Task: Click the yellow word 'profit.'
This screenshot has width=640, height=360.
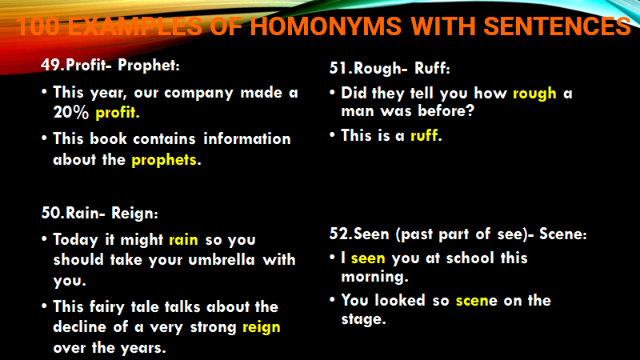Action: click(118, 113)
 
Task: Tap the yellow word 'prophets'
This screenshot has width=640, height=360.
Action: click(164, 160)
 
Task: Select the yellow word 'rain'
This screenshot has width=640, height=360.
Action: click(184, 239)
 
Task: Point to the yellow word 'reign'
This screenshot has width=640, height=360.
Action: click(262, 328)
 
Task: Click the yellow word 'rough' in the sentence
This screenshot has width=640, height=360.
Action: click(534, 94)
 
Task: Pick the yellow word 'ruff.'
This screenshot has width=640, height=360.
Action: click(426, 135)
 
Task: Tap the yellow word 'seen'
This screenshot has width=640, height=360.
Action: click(368, 258)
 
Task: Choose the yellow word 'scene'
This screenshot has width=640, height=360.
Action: click(477, 301)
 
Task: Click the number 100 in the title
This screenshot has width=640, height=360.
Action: click(38, 26)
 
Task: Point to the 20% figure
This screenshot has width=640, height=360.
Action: click(71, 112)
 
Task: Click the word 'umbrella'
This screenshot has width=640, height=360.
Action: click(222, 259)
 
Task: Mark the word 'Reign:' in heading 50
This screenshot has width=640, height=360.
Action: click(134, 214)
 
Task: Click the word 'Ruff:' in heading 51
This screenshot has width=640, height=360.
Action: click(432, 68)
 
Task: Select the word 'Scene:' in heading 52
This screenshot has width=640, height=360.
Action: click(563, 234)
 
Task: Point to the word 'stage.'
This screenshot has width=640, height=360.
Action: click(364, 319)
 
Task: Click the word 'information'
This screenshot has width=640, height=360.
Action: click(247, 138)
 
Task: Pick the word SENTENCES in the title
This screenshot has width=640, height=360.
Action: click(558, 26)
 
